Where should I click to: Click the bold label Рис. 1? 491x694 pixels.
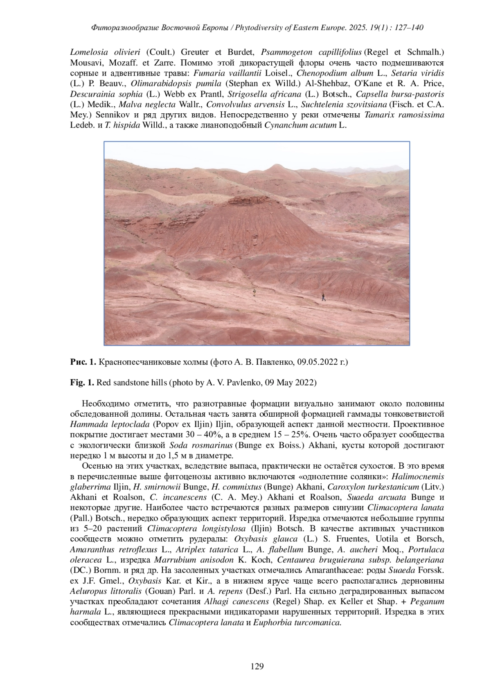pyautogui.click(x=83, y=362)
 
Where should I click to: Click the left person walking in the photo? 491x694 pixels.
pyautogui.click(x=254, y=292)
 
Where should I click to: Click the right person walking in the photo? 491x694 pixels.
pyautogui.click(x=323, y=297)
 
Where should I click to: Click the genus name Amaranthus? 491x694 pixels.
pyautogui.click(x=90, y=550)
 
